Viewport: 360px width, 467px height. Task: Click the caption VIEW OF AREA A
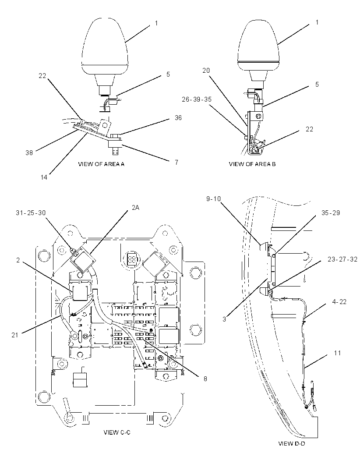tap(101, 164)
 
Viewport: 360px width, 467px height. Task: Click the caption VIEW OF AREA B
tap(252, 164)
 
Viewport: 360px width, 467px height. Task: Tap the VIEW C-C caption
tap(117, 432)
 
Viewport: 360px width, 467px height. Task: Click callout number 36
tap(178, 118)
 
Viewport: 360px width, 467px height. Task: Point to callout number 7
tap(176, 162)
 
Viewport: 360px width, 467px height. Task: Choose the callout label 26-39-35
tap(197, 99)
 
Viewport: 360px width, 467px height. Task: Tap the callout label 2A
tap(135, 207)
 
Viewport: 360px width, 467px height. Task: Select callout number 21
tap(15, 335)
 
